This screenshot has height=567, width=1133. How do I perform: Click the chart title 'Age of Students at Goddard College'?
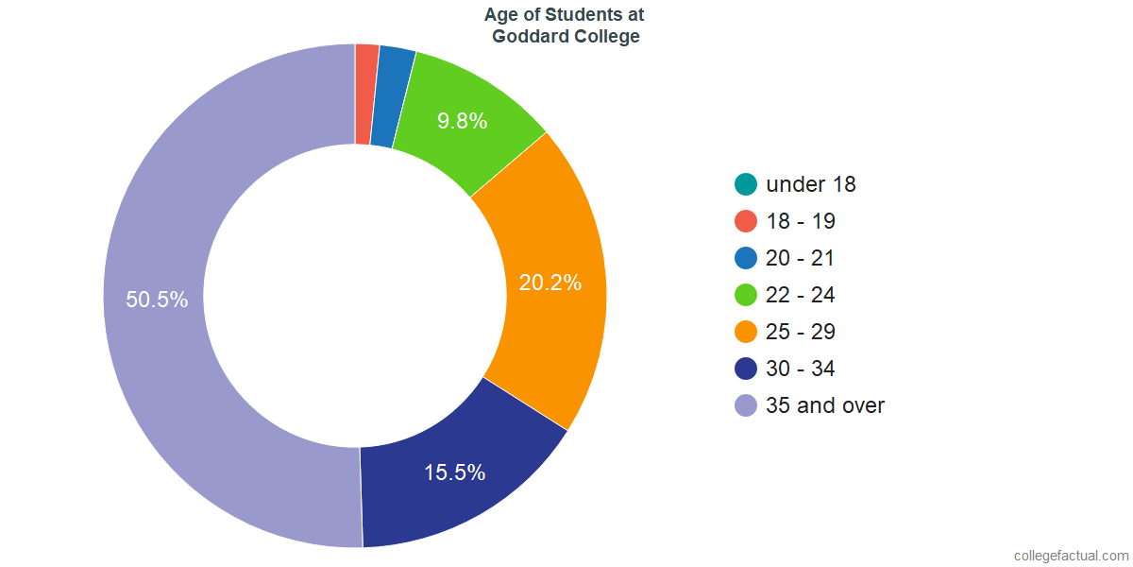pos(564,26)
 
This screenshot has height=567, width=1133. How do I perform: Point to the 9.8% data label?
pos(462,121)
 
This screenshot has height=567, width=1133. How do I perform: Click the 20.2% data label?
pos(550,283)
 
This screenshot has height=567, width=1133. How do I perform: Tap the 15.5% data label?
pos(454,472)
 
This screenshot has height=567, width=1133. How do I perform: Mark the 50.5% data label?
pos(157,300)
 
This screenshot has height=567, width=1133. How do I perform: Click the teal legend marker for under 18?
pos(746,184)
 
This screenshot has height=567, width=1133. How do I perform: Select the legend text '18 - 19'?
pos(801,221)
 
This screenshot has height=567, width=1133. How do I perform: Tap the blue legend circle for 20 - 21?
pos(746,258)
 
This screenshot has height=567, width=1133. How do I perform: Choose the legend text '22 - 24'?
pos(801,295)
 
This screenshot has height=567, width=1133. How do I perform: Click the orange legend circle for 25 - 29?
pos(746,332)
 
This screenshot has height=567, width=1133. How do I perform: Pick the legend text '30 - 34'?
pos(801,369)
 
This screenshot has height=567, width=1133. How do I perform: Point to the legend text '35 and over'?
pos(825,405)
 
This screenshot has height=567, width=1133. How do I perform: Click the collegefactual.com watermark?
pos(1071,556)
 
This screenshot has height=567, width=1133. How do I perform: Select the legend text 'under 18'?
pos(811,184)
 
